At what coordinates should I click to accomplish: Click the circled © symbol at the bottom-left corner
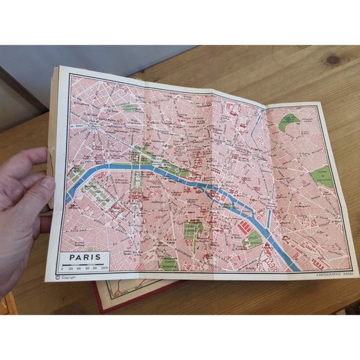click(x=58, y=277)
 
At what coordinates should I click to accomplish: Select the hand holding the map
click(x=22, y=205)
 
